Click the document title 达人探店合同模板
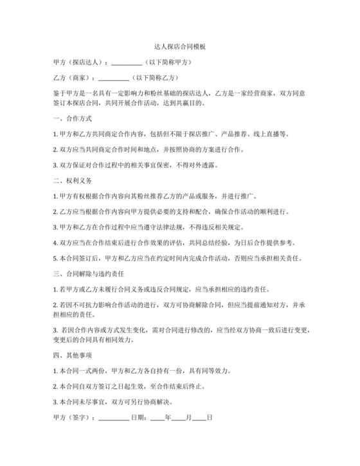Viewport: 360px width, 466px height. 180,47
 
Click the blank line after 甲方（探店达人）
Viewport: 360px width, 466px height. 127,63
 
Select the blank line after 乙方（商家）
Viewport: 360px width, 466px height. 113,78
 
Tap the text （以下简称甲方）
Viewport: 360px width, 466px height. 168,62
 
